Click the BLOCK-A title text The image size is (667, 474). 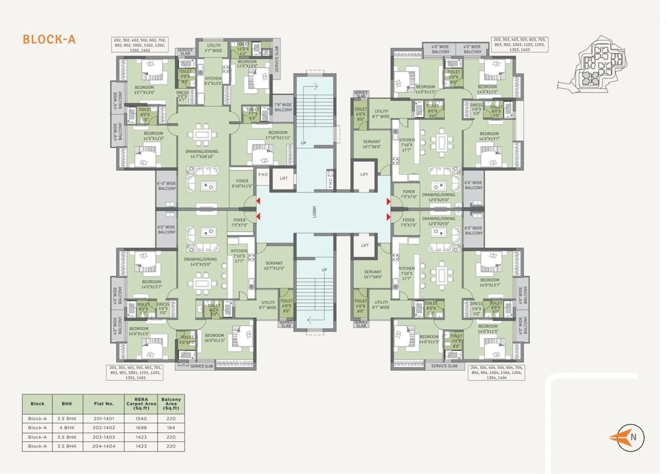click(49, 39)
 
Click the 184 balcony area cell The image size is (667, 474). click(171, 426)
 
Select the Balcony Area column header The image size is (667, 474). click(171, 404)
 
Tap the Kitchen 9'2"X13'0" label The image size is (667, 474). click(213, 81)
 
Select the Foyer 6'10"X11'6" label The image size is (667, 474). click(241, 183)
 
